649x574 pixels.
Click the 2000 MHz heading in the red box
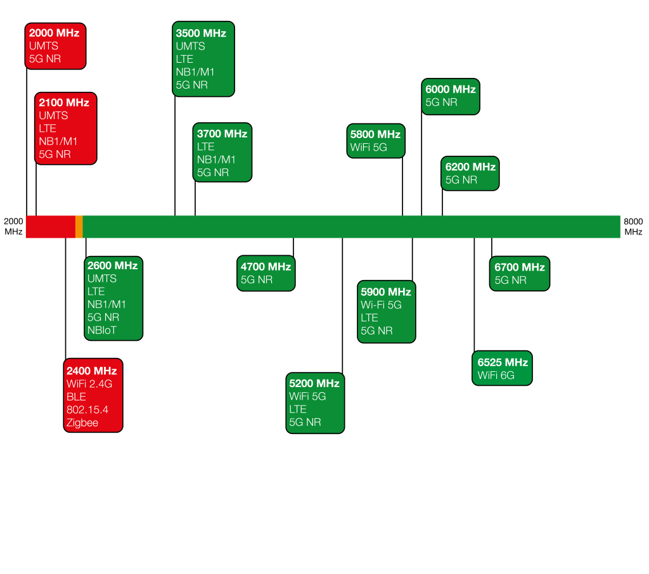click(x=55, y=33)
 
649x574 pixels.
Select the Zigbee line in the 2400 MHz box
click(x=82, y=423)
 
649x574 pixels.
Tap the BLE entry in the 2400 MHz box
click(x=76, y=397)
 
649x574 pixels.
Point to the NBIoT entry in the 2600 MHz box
click(x=102, y=330)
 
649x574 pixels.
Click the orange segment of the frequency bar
click(x=79, y=227)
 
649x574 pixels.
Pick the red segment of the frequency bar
click(x=51, y=227)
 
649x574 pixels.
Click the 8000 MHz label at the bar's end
click(x=633, y=227)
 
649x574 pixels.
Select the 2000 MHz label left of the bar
click(x=13, y=226)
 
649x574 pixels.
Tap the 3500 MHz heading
click(x=201, y=33)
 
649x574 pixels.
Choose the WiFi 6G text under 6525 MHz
click(x=496, y=375)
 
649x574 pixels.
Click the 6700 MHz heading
click(x=520, y=267)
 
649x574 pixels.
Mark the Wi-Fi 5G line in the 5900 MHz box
click(x=381, y=305)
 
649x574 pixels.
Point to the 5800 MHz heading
click(x=375, y=134)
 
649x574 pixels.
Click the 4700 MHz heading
click(x=266, y=267)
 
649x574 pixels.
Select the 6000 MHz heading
click(x=451, y=89)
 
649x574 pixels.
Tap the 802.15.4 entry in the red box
click(x=87, y=410)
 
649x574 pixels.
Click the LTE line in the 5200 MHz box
click(x=298, y=409)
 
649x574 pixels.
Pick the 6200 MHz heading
click(x=471, y=167)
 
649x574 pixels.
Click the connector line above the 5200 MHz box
click(x=342, y=305)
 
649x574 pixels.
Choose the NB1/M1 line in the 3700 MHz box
click(x=216, y=160)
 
